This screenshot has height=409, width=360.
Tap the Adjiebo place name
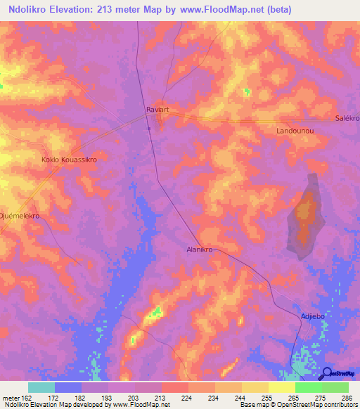click(312, 316)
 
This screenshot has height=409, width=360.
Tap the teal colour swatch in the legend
click(41, 387)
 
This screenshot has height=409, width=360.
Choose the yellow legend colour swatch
click(282, 387)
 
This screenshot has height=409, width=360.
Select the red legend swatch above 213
click(175, 387)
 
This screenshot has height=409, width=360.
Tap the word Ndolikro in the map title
click(34, 10)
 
